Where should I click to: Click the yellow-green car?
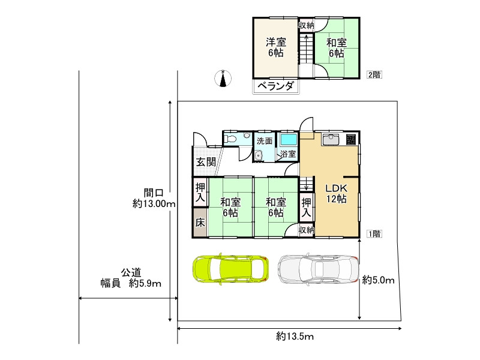(231, 269)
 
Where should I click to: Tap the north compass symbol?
(223, 79)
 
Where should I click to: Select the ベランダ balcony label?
(276, 86)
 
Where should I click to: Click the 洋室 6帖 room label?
(276, 47)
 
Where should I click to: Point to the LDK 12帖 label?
(336, 193)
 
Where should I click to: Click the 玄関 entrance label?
(206, 161)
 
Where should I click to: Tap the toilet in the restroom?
(230, 139)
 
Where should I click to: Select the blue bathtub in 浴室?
(289, 140)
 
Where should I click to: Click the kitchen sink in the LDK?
(331, 140)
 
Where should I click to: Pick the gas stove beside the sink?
(351, 140)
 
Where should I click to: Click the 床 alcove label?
(200, 223)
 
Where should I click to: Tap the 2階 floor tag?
(374, 74)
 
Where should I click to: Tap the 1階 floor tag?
(374, 234)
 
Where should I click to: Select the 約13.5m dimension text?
(295, 337)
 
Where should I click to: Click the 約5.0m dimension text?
(379, 280)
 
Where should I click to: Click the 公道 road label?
(131, 272)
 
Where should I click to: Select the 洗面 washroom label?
(265, 141)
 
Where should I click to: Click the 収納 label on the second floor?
(307, 25)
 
